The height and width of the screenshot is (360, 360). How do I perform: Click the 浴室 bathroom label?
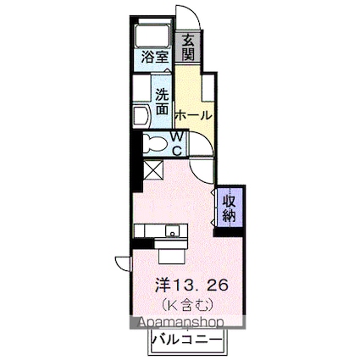(x=155, y=58)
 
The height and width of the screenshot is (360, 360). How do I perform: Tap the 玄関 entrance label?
(x=187, y=48)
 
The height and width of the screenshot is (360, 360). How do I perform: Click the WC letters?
(x=178, y=143)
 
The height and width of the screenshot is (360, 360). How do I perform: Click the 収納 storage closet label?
(x=230, y=208)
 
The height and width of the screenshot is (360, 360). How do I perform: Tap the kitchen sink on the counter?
(x=172, y=230)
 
